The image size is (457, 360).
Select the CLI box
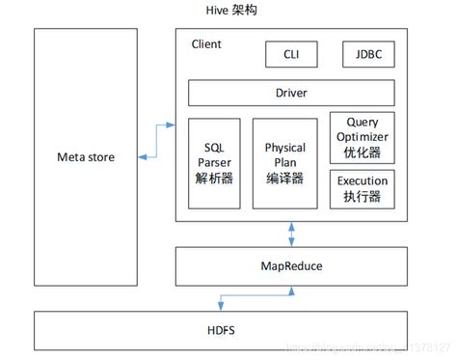coord(291,54)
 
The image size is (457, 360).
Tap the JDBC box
coord(368,54)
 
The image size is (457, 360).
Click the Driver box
coord(291,94)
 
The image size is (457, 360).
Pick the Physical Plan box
coord(284,163)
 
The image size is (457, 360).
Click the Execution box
coord(363,188)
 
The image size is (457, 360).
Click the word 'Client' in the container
coord(206,44)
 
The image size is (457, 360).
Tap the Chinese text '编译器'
coord(284,178)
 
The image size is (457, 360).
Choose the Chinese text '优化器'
coord(363,152)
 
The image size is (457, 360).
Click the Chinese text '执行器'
coord(363,196)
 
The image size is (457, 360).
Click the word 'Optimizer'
coord(363,137)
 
